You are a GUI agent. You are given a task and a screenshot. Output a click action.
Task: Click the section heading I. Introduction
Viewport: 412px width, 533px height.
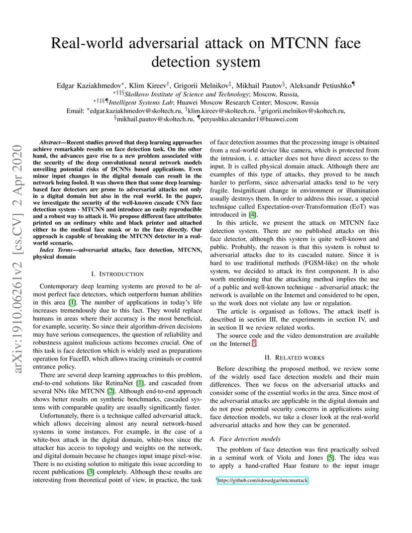tap(117, 274)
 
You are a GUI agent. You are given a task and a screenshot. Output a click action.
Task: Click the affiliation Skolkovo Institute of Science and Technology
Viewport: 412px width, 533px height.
tap(187, 94)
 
